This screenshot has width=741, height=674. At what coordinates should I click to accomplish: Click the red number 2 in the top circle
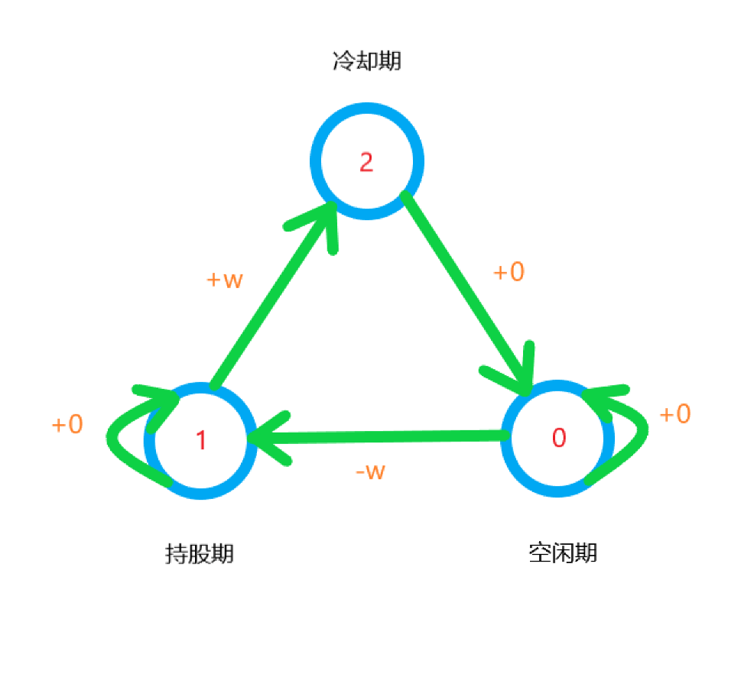pos(366,162)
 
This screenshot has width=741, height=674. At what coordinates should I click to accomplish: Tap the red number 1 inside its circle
pos(201,440)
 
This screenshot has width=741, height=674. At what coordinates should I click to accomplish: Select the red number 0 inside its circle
pos(559,438)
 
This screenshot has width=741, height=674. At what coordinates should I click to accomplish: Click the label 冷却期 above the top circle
pos(366,61)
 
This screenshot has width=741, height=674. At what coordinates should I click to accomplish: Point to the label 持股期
pos(200,553)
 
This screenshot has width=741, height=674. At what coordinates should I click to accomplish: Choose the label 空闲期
pos(562,552)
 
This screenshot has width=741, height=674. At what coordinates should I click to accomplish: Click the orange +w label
pos(225,280)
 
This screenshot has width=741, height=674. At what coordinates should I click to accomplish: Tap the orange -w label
pos(370,471)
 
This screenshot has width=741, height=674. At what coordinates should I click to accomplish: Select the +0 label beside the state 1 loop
pos(67,425)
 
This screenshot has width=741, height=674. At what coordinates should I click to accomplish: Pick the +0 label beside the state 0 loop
pos(675,414)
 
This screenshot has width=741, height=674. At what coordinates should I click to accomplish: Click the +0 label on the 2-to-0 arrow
pos(509,272)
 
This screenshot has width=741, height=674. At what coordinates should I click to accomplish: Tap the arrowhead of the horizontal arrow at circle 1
pos(264,439)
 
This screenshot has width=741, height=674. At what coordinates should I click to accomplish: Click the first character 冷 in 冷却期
pos(343,61)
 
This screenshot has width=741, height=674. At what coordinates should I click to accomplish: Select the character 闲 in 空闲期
pos(562,552)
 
